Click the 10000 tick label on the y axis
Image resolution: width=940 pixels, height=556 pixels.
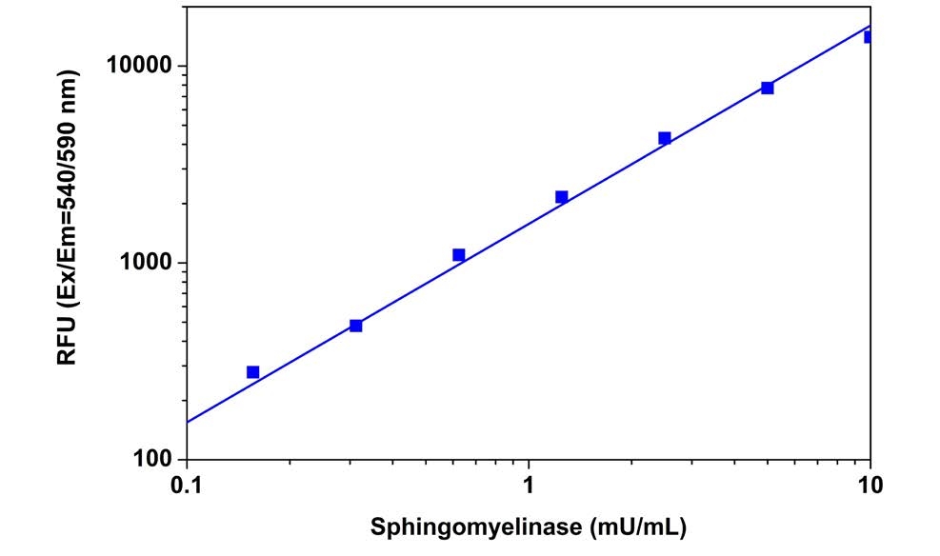pyautogui.click(x=135, y=67)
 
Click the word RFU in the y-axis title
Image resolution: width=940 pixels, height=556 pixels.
pyautogui.click(x=69, y=341)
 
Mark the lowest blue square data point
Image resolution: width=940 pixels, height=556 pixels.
pyautogui.click(x=252, y=372)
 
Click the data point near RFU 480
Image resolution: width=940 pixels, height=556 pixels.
pyautogui.click(x=355, y=326)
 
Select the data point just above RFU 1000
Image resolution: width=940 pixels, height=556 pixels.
pyautogui.click(x=458, y=255)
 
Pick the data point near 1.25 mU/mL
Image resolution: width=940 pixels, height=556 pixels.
pyautogui.click(x=561, y=197)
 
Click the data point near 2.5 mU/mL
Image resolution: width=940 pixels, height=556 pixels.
pyautogui.click(x=664, y=138)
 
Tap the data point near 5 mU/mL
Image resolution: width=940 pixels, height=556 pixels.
pyautogui.click(x=767, y=88)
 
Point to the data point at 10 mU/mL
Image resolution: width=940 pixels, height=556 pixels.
pyautogui.click(x=869, y=37)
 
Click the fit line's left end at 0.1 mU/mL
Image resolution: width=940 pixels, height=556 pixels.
pyautogui.click(x=188, y=422)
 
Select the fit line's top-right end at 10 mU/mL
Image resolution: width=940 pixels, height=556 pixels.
pyautogui.click(x=869, y=27)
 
